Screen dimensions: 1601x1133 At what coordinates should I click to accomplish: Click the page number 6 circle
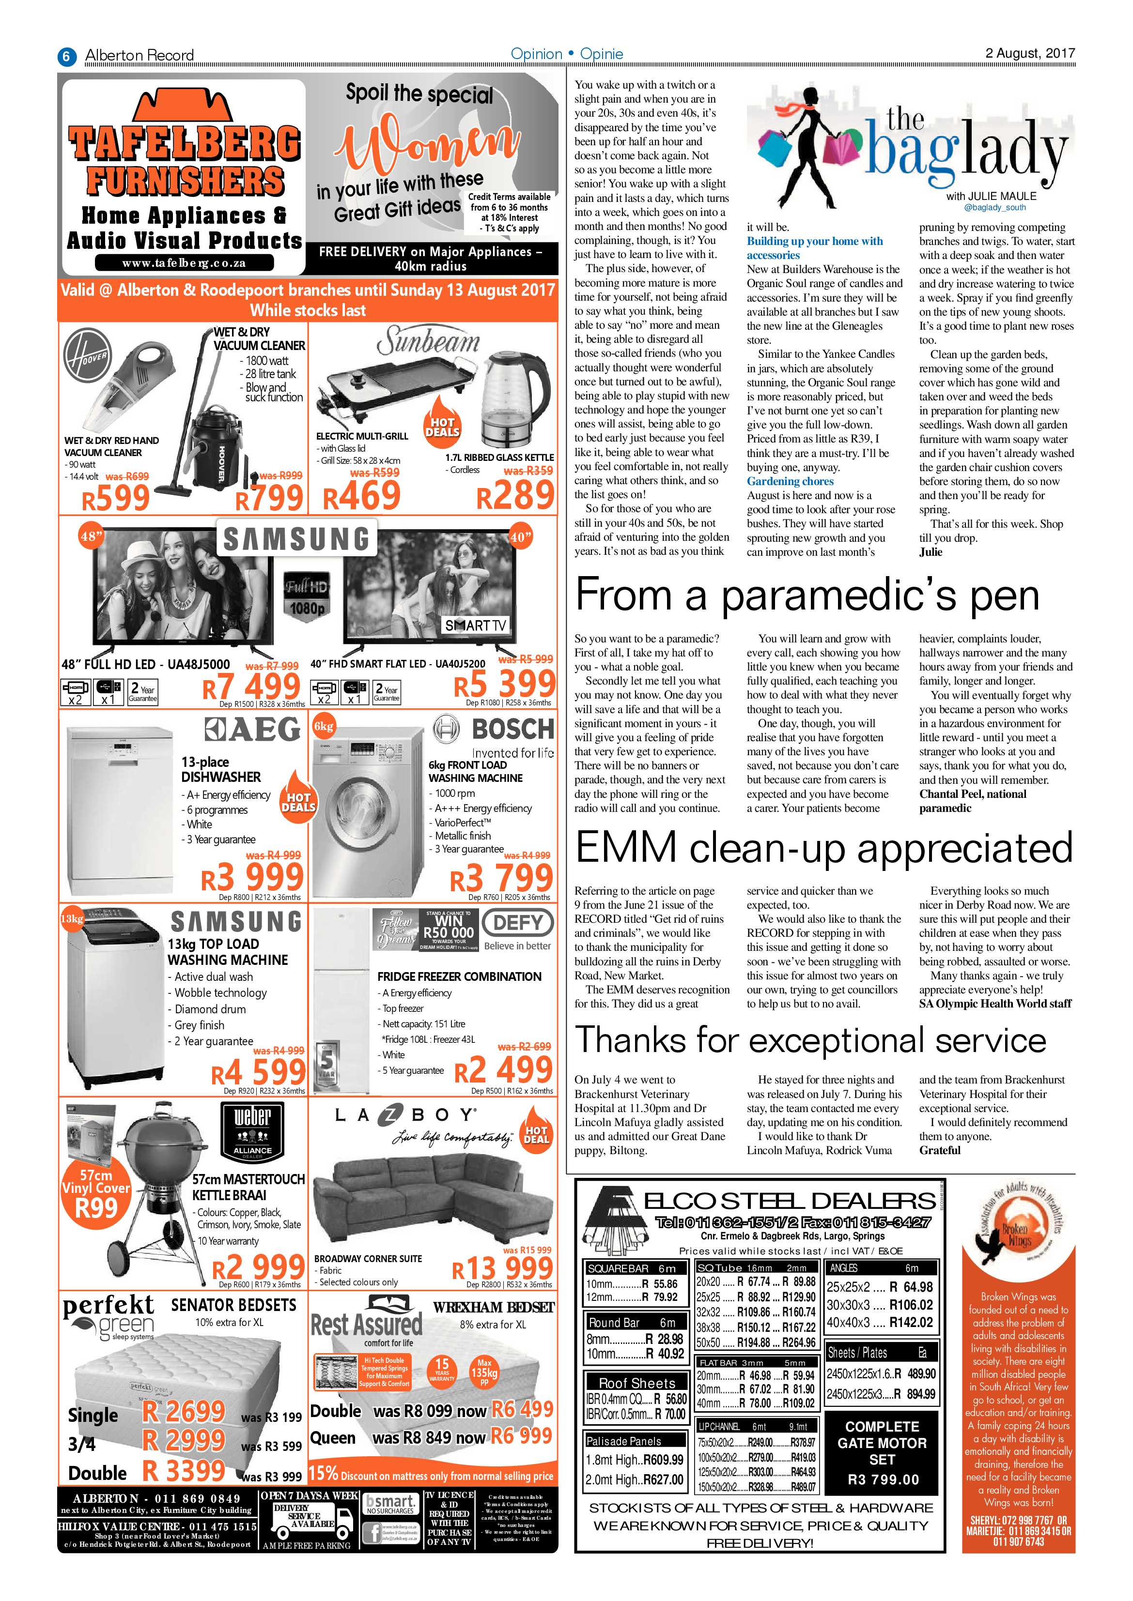66,56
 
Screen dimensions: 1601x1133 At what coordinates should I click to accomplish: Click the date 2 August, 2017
1030,53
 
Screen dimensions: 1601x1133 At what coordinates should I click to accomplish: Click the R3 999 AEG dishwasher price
252,877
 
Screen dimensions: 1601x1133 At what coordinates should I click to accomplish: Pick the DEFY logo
518,923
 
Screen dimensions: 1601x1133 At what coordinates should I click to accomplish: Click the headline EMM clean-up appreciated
824,847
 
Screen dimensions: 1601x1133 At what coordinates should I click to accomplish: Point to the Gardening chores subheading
790,481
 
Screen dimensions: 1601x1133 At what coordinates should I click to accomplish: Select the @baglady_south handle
994,208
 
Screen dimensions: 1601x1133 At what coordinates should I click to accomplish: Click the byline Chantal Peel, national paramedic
972,801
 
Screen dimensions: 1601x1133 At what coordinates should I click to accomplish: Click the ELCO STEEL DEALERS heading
789,1201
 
